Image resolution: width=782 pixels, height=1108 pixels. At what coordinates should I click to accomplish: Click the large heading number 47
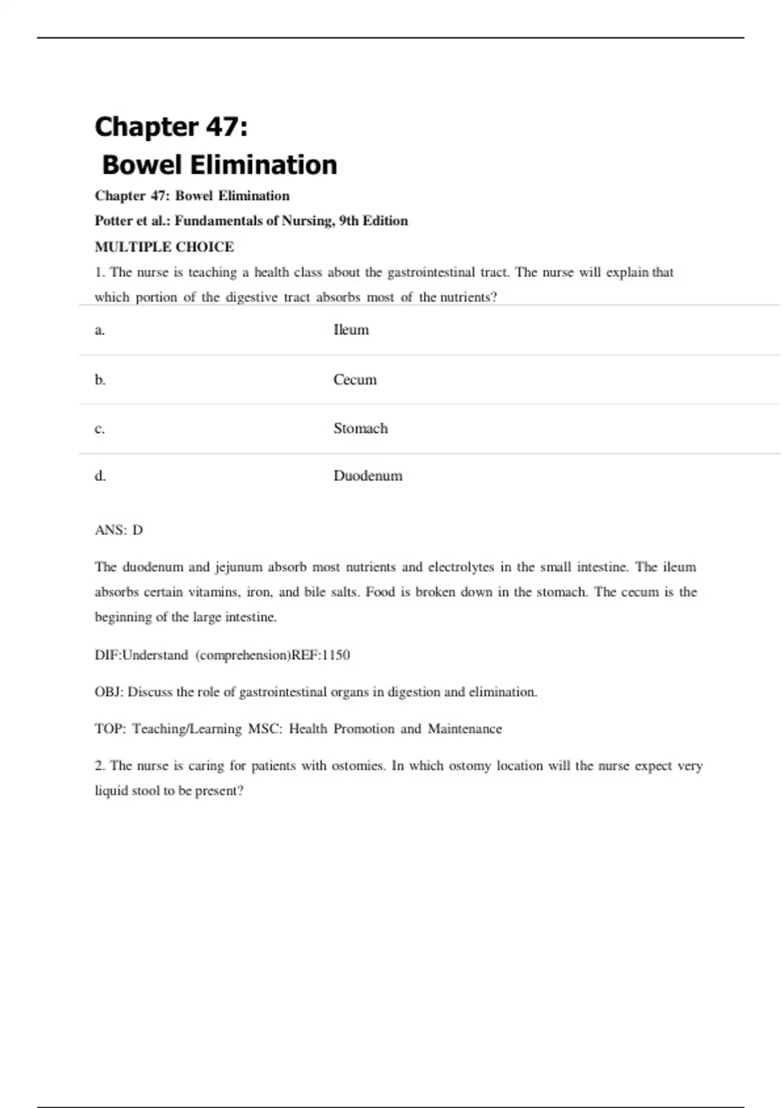tap(222, 126)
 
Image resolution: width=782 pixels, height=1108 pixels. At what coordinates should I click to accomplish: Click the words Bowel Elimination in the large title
tap(220, 165)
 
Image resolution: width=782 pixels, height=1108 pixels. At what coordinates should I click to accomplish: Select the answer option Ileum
tap(351, 330)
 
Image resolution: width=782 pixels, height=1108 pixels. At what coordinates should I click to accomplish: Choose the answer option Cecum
tap(355, 379)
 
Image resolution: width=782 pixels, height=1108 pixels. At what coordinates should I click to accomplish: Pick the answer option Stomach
tap(360, 428)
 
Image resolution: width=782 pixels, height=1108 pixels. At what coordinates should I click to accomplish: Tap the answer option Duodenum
tap(368, 476)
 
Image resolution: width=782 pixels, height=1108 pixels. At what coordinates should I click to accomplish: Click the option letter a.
tap(100, 330)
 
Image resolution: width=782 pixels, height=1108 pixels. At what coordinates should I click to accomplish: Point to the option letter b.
tap(100, 379)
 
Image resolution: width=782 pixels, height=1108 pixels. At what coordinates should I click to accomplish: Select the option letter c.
tap(100, 429)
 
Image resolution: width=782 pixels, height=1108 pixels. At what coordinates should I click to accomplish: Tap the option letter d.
tap(100, 476)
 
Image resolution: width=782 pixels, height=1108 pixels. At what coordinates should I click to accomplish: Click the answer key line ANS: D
tap(119, 530)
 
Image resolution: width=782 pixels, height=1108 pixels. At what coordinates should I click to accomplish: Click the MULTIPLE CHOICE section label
tap(164, 247)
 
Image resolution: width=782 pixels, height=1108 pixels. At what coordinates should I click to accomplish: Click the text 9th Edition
tap(373, 221)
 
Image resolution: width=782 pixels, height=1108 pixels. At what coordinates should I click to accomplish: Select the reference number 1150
tap(336, 655)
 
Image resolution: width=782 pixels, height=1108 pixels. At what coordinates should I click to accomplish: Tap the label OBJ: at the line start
tap(109, 692)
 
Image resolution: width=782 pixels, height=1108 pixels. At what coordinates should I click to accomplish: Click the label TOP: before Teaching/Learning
tap(110, 729)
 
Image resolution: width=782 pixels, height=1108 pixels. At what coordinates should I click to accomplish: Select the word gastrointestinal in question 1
tap(431, 272)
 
